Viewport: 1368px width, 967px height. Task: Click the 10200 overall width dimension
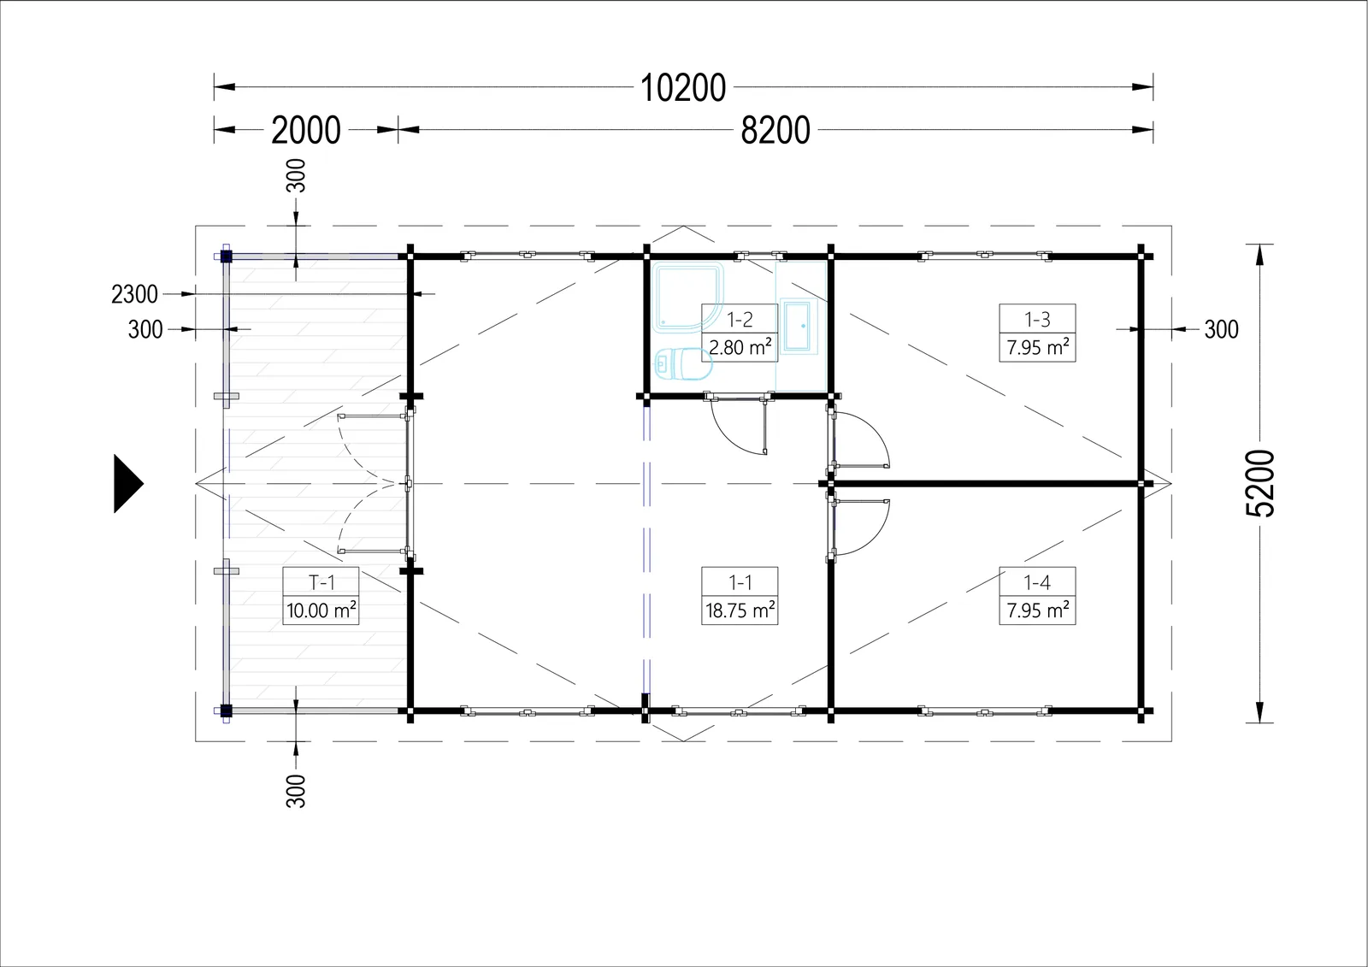(x=683, y=87)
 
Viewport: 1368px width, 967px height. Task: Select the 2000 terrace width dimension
(x=306, y=130)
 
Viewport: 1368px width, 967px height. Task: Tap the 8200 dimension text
(x=775, y=130)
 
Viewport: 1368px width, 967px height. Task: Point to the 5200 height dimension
(x=1260, y=483)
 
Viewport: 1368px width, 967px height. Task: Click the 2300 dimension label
(x=134, y=294)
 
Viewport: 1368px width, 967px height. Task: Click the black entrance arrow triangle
(x=128, y=484)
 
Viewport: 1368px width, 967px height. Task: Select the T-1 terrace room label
(x=321, y=582)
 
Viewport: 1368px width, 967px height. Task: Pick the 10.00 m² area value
(x=321, y=610)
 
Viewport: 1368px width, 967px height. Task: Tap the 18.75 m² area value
(x=740, y=610)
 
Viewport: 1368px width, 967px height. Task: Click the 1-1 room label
(x=740, y=582)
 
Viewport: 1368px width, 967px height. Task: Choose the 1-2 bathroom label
(x=740, y=319)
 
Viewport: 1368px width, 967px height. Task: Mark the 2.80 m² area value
(x=740, y=347)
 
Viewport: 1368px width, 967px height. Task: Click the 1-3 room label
(x=1037, y=319)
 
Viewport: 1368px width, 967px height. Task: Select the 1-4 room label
(x=1037, y=582)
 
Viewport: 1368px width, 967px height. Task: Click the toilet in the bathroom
(x=683, y=364)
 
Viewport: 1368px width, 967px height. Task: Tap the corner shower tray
(x=687, y=298)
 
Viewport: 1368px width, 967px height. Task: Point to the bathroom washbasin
(x=799, y=327)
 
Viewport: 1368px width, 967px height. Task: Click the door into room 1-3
(x=858, y=439)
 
